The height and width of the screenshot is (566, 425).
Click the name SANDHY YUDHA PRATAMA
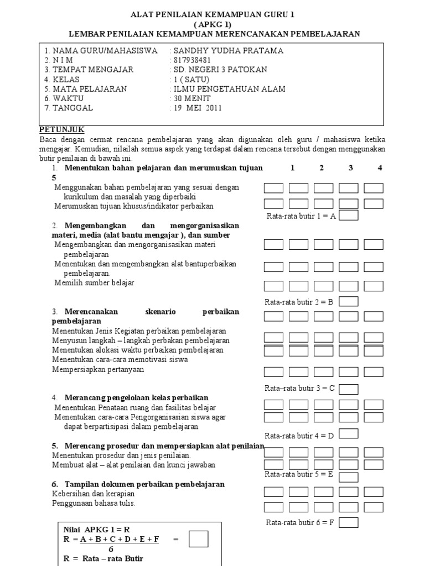point(229,51)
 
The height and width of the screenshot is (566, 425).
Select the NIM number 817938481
point(194,60)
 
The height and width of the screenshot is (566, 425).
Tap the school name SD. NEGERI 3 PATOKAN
point(220,70)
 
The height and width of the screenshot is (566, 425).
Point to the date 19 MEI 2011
point(198,108)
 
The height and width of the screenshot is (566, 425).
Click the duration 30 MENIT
point(193,98)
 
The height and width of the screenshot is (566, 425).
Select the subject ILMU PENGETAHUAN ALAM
point(229,89)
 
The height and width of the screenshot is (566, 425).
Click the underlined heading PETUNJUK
point(62,129)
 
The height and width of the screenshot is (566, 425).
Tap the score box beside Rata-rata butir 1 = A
point(348,216)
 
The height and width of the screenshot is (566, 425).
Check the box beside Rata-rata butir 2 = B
point(348,301)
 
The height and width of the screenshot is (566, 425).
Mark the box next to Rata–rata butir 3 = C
point(348,389)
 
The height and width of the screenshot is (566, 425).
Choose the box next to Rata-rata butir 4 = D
point(348,434)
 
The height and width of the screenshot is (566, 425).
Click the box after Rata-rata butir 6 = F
point(348,522)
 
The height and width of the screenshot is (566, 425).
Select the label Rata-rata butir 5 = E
point(299,474)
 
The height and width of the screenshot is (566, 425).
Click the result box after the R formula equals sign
point(198,538)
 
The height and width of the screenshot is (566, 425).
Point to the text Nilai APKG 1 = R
point(97,529)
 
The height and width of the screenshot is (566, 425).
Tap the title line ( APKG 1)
point(213,25)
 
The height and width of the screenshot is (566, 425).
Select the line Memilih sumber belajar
point(94,283)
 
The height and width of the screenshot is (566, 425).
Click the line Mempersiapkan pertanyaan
point(98,369)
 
